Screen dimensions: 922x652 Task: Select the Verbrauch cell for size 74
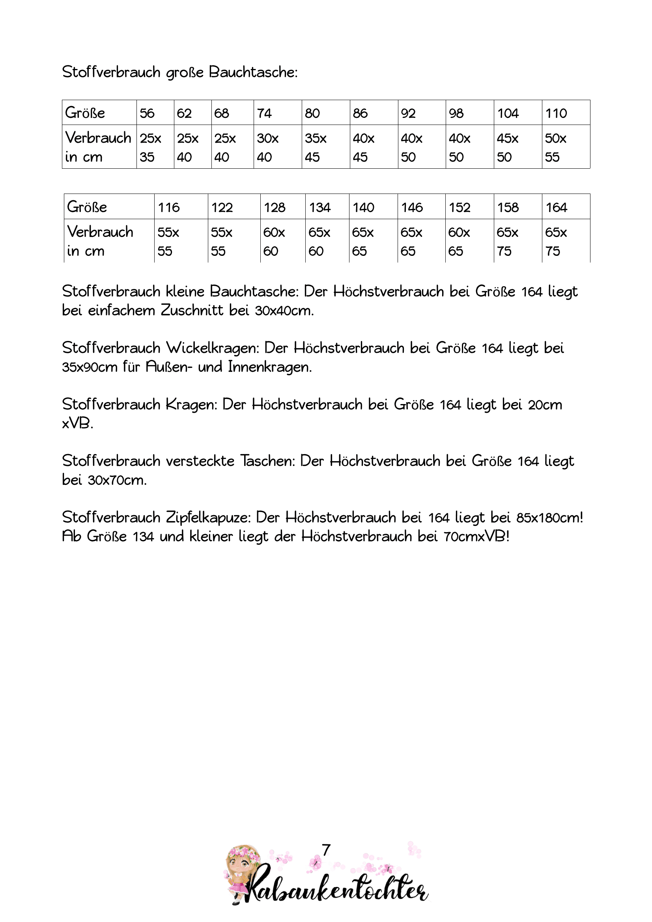[277, 147]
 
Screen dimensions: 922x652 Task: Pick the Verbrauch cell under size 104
[517, 147]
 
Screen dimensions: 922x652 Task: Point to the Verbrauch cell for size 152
[469, 241]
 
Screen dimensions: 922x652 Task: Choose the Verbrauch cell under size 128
[282, 241]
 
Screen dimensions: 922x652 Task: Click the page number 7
[326, 850]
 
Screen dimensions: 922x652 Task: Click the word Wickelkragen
[213, 348]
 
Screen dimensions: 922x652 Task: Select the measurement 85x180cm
[549, 518]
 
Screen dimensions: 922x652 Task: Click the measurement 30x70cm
[117, 480]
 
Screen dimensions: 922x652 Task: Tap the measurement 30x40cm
[284, 311]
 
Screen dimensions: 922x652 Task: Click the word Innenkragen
[269, 367]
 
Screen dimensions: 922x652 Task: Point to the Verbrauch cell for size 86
[374, 147]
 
